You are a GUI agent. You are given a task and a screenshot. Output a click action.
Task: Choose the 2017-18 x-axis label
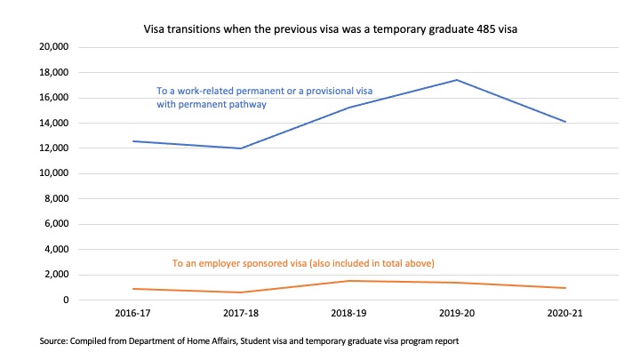point(239,316)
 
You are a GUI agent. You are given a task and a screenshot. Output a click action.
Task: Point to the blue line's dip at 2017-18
point(239,148)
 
